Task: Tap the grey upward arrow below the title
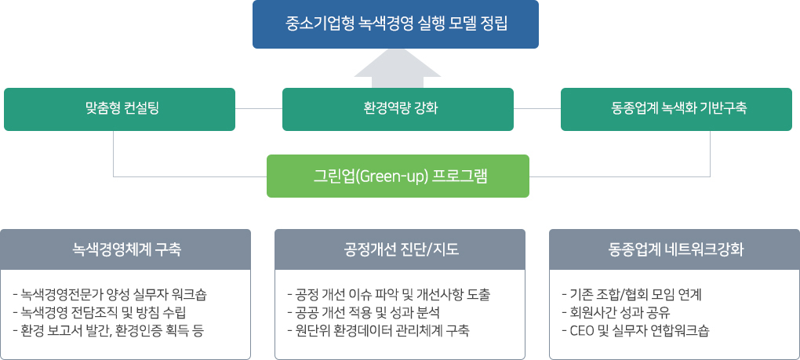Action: pos(398,68)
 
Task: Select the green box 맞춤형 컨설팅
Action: pos(119,109)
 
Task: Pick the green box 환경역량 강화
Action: pos(398,109)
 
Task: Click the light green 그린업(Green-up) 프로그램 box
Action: pos(398,176)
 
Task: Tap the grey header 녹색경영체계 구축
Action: pos(125,249)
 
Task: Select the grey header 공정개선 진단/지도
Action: pos(400,249)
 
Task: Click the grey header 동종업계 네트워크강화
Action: pos(675,249)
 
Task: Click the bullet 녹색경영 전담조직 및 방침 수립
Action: pos(100,313)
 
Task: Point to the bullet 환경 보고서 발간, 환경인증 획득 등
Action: pos(109,331)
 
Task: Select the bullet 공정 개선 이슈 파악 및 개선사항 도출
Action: pos(389,295)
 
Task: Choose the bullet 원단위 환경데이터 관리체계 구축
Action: pos(378,331)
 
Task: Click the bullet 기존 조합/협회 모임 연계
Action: pos(632,295)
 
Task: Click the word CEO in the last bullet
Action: pos(580,331)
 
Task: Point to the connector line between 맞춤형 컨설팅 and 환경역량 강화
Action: pos(259,108)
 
